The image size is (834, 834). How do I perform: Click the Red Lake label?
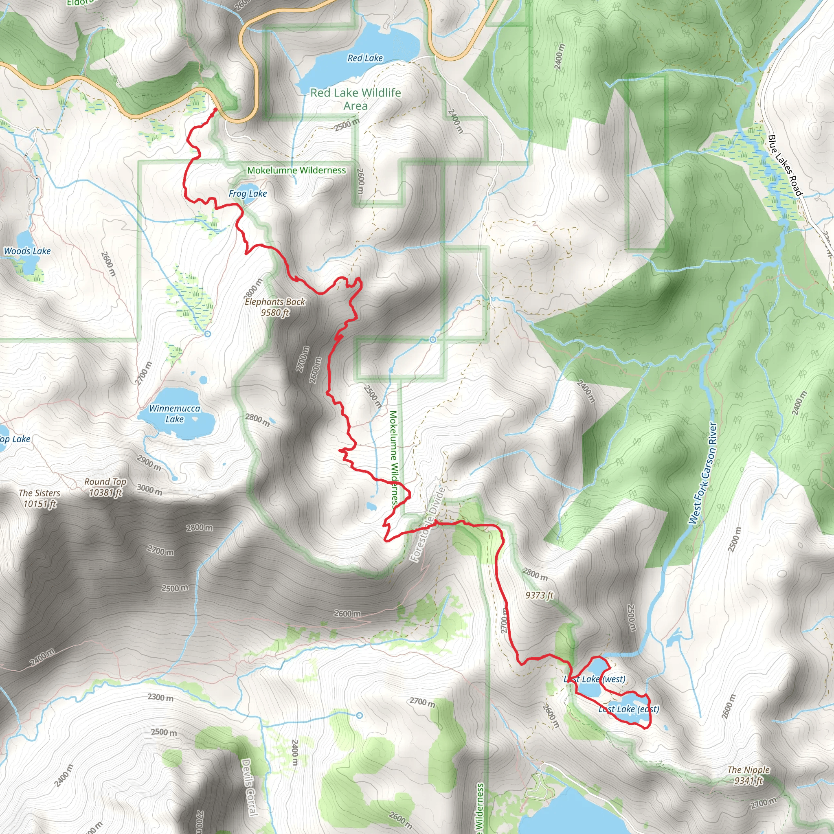[365, 58]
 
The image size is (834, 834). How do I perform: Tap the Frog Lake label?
[247, 194]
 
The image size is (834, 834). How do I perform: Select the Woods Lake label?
[27, 251]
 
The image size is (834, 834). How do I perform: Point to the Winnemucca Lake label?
[174, 414]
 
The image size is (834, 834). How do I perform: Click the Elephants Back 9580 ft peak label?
[275, 307]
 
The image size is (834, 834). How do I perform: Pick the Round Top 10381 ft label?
[105, 487]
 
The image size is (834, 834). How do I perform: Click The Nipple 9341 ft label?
[748, 775]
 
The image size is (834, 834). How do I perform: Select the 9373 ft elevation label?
[539, 595]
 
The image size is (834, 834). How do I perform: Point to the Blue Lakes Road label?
[784, 165]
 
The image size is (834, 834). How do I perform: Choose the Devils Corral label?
[249, 788]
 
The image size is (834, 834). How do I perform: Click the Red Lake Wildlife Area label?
[355, 99]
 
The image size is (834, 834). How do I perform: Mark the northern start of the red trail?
[215, 110]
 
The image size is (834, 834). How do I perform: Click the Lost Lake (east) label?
[628, 709]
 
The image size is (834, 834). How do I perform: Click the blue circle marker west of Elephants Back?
[207, 334]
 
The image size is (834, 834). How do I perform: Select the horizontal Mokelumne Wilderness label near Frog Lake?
[296, 171]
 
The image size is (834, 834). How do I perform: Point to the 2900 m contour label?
[149, 463]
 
